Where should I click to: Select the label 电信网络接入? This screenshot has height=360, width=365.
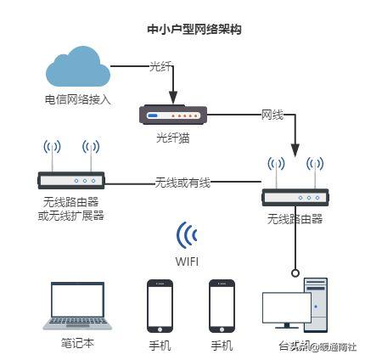tap(77, 99)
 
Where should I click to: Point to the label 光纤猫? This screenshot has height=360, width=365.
tap(171, 136)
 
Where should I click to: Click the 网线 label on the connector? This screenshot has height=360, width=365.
tap(272, 114)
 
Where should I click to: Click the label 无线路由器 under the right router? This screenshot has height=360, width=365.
tap(295, 218)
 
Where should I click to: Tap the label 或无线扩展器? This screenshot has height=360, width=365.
tap(70, 215)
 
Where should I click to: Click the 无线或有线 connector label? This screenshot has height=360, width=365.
tap(182, 182)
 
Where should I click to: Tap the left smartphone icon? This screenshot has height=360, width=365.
tap(160, 307)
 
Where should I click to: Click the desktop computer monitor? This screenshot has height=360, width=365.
tap(286, 310)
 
